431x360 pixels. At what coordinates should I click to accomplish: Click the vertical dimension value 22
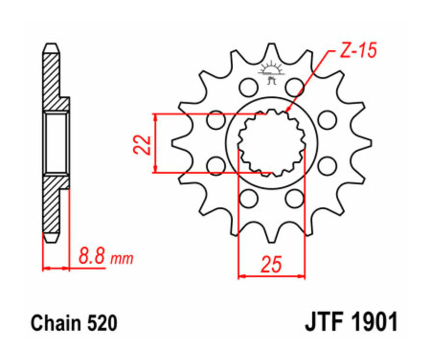coord(142,144)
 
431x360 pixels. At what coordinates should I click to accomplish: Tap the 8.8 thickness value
coord(91,259)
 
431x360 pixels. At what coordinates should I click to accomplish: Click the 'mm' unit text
coord(122,260)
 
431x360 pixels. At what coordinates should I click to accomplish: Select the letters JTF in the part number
coord(324,322)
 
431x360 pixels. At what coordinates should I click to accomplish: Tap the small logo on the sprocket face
coord(271,72)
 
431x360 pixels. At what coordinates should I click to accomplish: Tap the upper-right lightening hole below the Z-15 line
coord(295,87)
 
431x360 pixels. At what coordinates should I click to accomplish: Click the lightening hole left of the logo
coord(248,87)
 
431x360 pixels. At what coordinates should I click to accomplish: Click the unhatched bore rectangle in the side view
coord(56,144)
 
